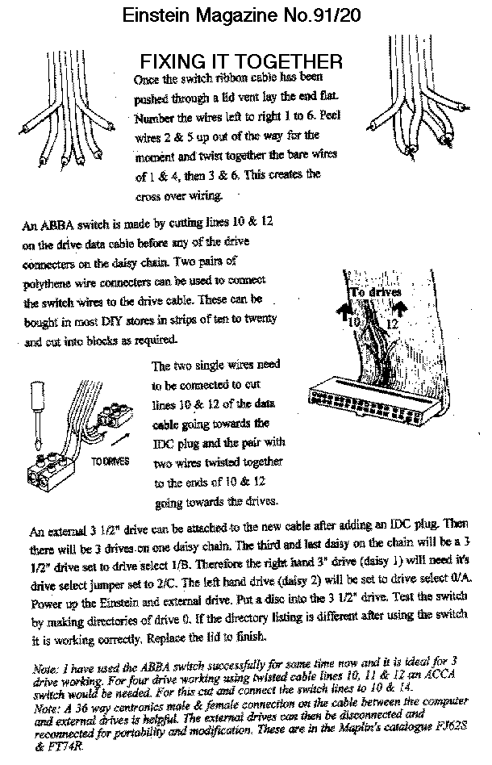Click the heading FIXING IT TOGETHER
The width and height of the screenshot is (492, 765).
pyautogui.click(x=242, y=61)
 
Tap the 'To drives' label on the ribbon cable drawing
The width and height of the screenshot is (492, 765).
pyautogui.click(x=374, y=291)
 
